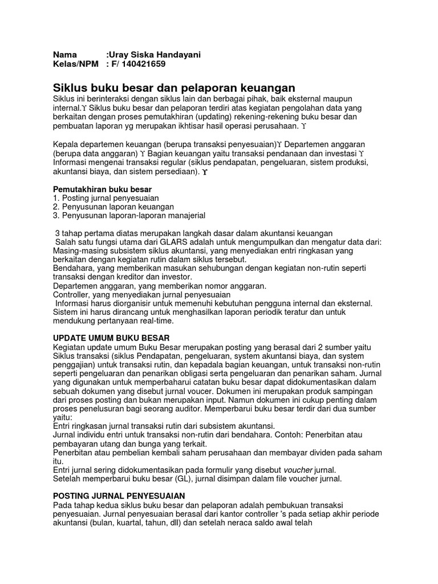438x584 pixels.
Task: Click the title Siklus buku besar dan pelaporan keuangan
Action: click(174, 88)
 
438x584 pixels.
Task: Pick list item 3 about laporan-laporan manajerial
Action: click(128, 216)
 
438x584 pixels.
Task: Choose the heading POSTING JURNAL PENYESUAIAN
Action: click(119, 496)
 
